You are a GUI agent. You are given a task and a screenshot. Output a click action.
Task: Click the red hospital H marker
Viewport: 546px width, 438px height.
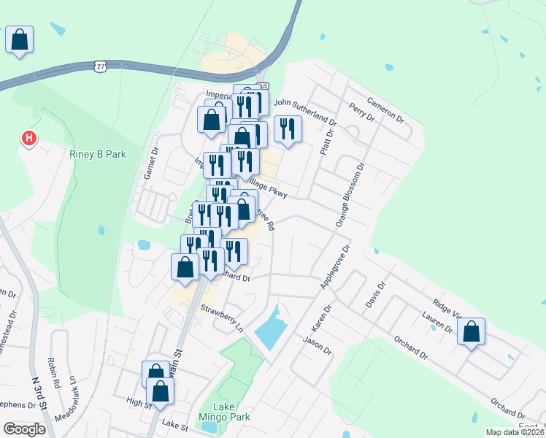[29, 137]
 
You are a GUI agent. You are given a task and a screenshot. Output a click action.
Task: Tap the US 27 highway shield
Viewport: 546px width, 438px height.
[99, 66]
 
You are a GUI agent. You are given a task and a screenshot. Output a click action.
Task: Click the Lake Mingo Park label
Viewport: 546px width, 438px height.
[231, 412]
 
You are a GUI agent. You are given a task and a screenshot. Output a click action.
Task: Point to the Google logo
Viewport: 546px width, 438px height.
[24, 429]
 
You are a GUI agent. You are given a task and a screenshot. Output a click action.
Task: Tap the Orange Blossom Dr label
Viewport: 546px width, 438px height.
[350, 195]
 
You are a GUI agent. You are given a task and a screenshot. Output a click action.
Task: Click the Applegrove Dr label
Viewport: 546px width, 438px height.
[334, 267]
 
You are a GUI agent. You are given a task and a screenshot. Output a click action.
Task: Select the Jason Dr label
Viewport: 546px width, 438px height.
[317, 345]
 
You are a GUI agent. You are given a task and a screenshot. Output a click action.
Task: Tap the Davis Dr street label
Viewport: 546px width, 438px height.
[374, 296]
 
